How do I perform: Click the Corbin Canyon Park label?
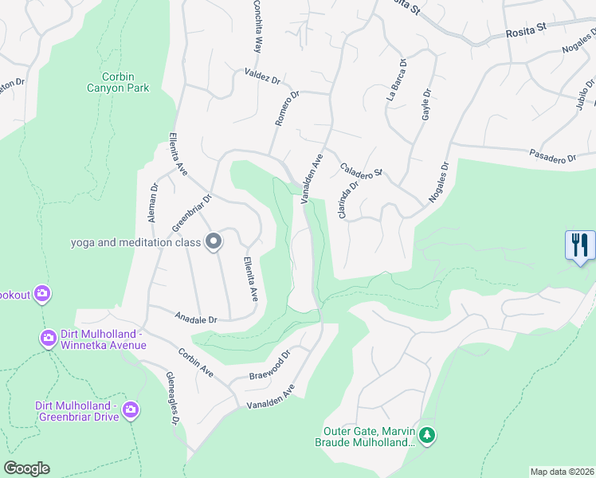pos(118,82)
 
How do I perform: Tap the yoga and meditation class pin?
pos(213,241)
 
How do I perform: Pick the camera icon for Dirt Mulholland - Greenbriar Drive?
pos(131,410)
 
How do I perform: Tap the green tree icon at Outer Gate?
pos(428,435)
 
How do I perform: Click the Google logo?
pos(25,468)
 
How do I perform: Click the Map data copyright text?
pos(562,471)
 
